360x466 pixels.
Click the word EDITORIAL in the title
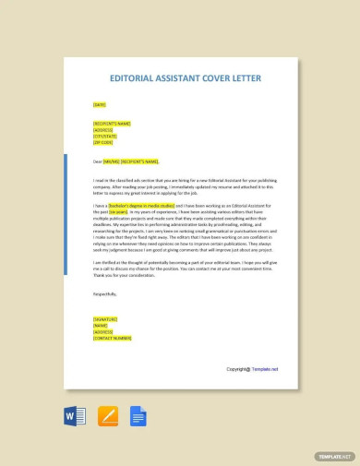pos(134,78)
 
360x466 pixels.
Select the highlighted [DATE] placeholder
pos(100,104)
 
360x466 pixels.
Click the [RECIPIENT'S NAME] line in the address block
pos(112,123)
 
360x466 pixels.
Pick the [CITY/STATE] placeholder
pos(105,136)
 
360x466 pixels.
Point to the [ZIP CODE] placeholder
pos(102,142)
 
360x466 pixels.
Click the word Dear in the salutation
pos(97,161)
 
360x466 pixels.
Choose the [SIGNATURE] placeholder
pos(105,318)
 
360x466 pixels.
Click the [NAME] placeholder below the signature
pos(101,325)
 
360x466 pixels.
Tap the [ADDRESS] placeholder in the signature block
pos(102,331)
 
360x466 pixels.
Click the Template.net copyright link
pos(260,369)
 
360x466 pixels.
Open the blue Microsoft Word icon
pos(74,416)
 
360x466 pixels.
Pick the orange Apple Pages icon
pos(108,416)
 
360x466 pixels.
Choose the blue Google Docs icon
pos(139,416)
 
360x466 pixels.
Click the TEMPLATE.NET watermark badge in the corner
pos(335,456)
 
